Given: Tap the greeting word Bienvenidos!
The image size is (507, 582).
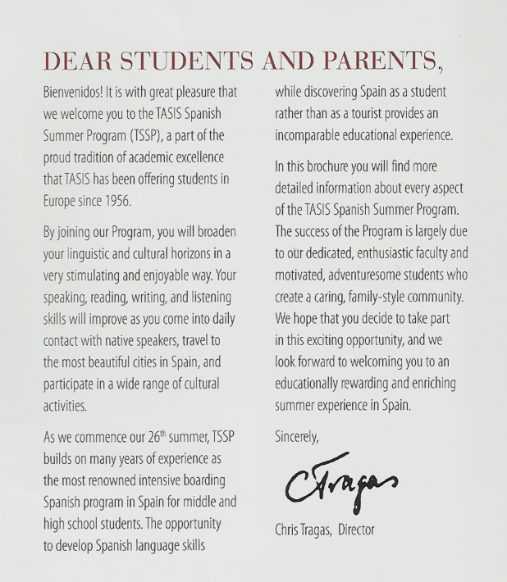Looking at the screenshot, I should click(80, 90).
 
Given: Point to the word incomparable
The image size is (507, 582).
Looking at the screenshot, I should click(313, 135).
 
